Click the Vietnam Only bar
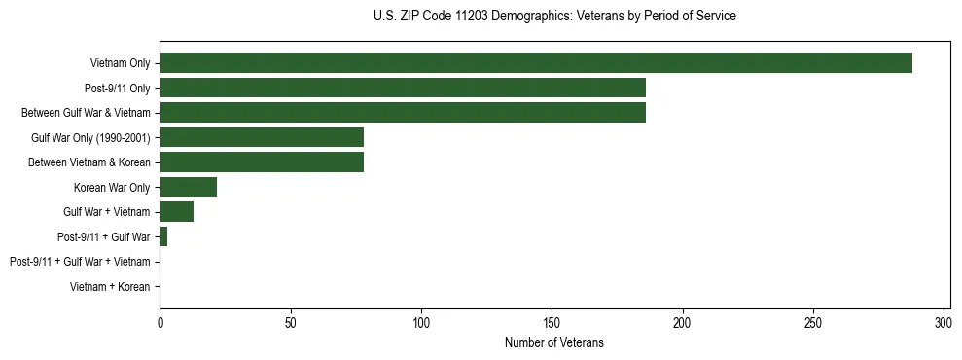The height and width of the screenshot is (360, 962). [x=535, y=63]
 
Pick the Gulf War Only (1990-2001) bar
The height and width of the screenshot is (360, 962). [x=262, y=137]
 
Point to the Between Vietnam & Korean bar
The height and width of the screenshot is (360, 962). [x=262, y=162]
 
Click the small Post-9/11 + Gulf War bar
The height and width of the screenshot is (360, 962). [x=163, y=236]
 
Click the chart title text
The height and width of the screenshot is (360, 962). [x=554, y=17]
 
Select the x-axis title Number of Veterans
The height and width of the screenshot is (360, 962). [x=554, y=342]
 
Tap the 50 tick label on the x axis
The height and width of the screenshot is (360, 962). [x=290, y=322]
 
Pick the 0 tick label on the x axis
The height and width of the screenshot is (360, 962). [x=160, y=322]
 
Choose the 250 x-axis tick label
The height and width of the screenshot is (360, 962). [x=813, y=322]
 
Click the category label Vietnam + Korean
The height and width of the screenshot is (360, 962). [x=110, y=287]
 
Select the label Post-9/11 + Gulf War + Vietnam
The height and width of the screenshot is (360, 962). [x=80, y=262]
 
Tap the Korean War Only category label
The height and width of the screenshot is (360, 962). [x=112, y=187]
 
